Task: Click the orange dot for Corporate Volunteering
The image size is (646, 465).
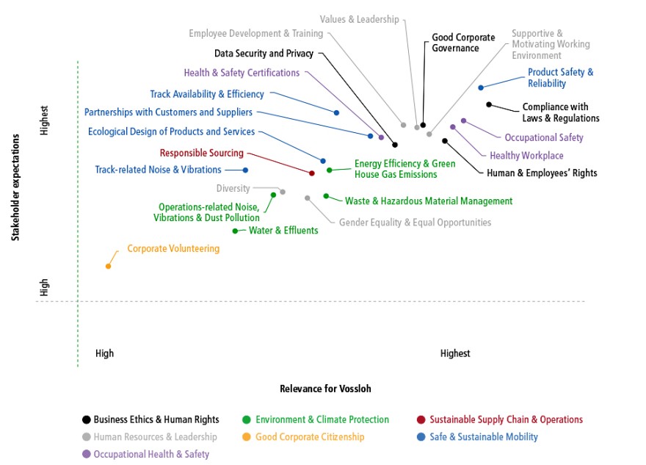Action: [x=109, y=267]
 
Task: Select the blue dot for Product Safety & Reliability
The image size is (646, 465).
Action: [x=481, y=88]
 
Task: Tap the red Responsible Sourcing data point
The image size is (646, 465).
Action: [x=312, y=173]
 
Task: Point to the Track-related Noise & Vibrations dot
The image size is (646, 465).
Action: [x=245, y=170]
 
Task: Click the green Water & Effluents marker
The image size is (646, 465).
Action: [x=235, y=231]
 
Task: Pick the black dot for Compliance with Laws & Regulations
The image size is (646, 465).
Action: [x=489, y=105]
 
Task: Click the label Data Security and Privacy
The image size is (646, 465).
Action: [x=264, y=54]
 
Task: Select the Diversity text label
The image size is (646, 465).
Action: [x=233, y=188]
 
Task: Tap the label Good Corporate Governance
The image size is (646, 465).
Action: [x=463, y=43]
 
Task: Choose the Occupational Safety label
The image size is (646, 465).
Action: [x=544, y=137]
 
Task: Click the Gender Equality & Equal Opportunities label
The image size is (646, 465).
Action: [x=415, y=223]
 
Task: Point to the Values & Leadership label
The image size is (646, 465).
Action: [x=359, y=19]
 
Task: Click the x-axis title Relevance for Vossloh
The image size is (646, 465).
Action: [x=325, y=389]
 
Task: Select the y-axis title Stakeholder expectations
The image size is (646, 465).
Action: [x=15, y=187]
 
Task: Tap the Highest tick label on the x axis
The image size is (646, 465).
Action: [x=455, y=353]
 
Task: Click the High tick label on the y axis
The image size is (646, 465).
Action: [x=44, y=287]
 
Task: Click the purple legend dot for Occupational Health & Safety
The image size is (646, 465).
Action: [x=87, y=454]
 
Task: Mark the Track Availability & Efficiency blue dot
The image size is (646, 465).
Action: [x=337, y=112]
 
